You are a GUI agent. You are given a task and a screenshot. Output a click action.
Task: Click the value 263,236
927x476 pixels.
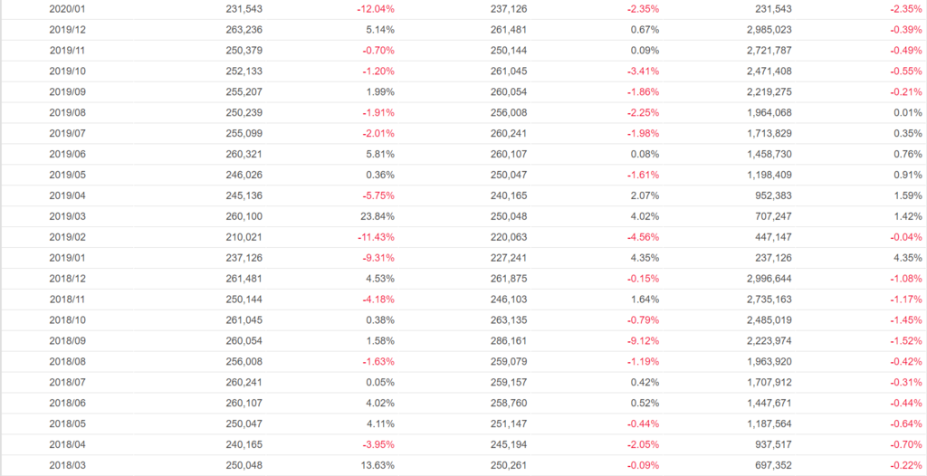[x=244, y=29]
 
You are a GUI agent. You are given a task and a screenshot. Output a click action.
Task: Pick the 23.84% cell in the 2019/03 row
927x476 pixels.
[x=376, y=216]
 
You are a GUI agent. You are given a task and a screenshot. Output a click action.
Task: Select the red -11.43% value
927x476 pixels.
[x=374, y=237]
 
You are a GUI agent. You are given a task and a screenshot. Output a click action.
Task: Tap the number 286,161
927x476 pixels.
[x=509, y=341]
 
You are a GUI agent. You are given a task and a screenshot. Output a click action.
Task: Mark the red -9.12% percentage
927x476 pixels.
[x=639, y=341]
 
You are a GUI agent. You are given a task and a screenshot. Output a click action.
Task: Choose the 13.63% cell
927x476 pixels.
[x=376, y=466]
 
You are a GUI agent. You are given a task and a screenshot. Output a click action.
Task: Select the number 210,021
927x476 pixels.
[x=244, y=237]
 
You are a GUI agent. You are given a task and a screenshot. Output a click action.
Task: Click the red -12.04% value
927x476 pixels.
[x=374, y=8]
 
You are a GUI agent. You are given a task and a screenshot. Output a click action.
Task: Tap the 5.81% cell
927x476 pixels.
[x=378, y=154]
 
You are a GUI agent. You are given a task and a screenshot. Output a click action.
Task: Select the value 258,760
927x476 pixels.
[x=509, y=404]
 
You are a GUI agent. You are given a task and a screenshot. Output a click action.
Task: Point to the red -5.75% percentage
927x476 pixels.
[x=377, y=195]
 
